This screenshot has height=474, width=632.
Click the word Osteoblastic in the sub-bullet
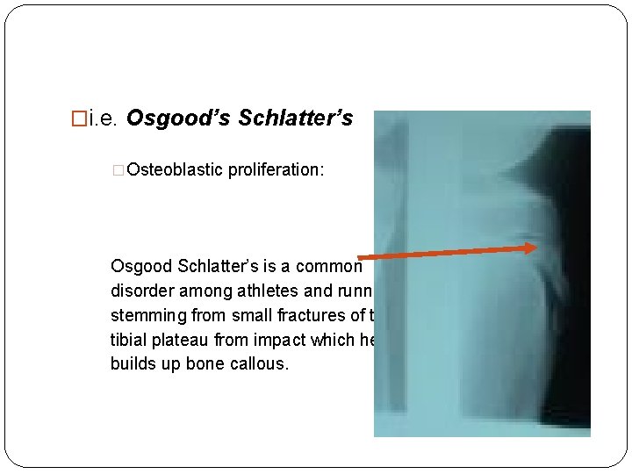[x=175, y=169]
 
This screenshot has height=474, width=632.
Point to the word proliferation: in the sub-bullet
[x=276, y=169]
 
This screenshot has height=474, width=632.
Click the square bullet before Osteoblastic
[x=119, y=169]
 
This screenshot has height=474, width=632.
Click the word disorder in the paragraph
[x=138, y=291]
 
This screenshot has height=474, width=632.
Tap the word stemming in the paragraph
[x=142, y=315]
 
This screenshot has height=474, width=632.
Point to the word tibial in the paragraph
[x=126, y=340]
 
